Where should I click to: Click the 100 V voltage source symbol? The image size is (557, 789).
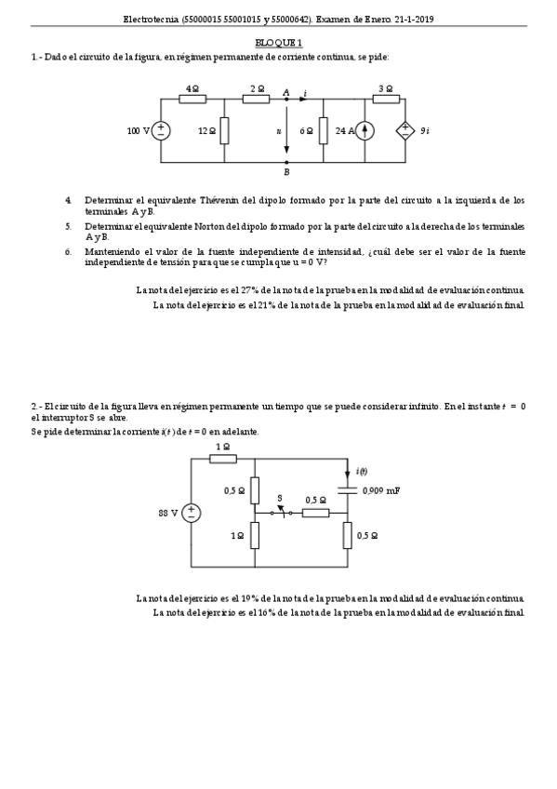161,131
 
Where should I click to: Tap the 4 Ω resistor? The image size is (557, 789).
192,99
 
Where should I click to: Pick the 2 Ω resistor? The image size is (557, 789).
256,99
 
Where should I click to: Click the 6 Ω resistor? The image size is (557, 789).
323,131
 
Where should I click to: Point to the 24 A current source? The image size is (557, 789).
365,131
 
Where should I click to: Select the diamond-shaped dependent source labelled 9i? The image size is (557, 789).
406,131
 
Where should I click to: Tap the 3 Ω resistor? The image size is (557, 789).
386,99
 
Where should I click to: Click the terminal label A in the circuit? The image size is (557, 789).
285,91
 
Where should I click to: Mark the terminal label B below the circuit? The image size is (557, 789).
286,172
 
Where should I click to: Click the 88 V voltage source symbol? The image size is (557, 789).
192,512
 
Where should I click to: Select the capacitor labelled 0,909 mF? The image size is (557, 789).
349,489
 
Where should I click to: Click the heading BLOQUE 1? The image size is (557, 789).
279,43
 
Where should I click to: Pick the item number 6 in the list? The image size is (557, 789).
68,251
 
